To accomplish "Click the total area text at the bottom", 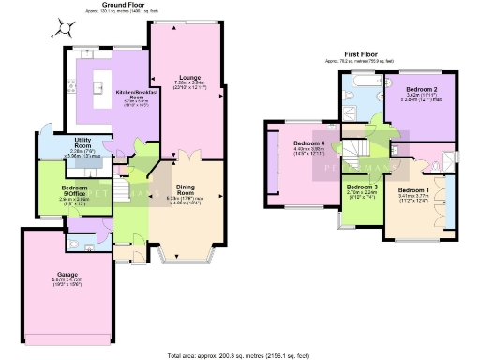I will tap(241, 355).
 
